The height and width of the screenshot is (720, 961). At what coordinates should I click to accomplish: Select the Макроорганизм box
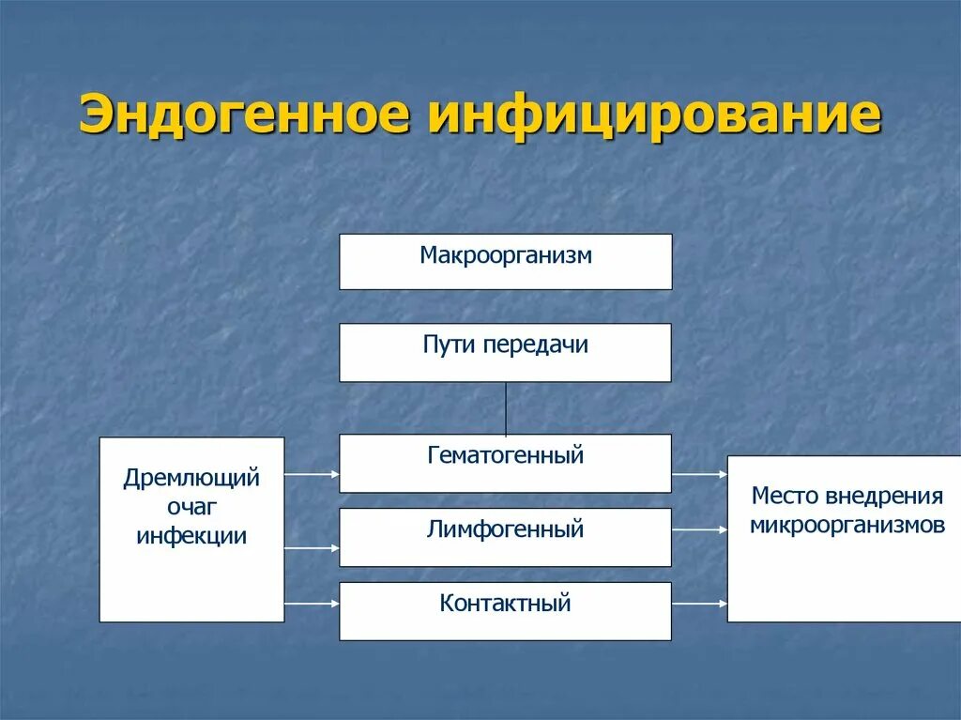click(505, 261)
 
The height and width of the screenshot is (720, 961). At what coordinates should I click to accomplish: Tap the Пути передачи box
click(505, 352)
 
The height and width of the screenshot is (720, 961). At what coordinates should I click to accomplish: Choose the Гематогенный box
click(505, 463)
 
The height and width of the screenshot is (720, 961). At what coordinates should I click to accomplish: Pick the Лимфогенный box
click(505, 537)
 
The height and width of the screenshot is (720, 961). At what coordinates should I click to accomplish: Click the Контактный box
click(505, 610)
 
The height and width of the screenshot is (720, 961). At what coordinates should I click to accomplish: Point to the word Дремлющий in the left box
click(191, 479)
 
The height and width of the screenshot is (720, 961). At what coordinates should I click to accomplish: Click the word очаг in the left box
click(191, 508)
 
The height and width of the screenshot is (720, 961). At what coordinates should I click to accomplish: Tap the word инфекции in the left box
click(191, 537)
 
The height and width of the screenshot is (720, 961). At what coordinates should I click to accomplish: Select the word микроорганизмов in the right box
click(847, 525)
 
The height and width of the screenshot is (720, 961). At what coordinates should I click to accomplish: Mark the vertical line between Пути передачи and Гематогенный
click(506, 407)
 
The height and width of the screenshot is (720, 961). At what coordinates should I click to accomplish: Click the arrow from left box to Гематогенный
click(312, 475)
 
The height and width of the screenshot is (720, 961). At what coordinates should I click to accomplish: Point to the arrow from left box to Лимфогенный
click(312, 548)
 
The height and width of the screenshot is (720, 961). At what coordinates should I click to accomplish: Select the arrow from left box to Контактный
click(312, 605)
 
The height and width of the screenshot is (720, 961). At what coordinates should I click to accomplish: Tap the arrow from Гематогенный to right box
click(699, 475)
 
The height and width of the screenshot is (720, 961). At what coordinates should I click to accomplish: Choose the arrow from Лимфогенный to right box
click(699, 530)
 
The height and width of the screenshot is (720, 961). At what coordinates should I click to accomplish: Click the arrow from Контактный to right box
click(699, 605)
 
